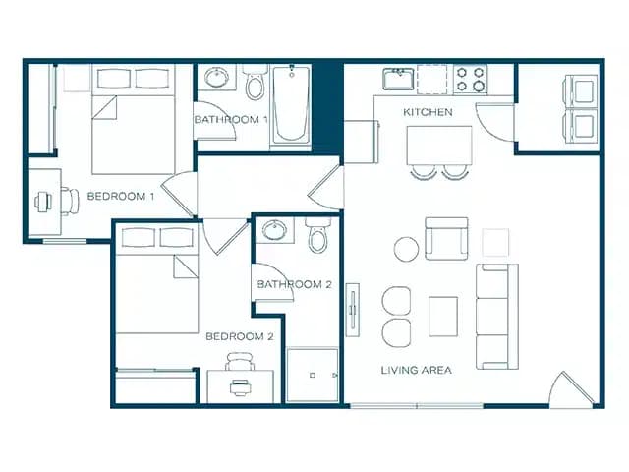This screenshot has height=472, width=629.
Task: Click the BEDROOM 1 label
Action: click(x=122, y=196)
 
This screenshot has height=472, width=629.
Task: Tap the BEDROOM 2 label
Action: click(x=239, y=336)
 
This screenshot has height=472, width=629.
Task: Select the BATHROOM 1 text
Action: click(x=231, y=119)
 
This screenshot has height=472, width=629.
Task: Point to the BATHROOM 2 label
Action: click(x=295, y=285)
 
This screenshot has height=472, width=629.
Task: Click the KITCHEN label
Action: click(x=429, y=112)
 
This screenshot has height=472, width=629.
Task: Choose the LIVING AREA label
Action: click(x=417, y=370)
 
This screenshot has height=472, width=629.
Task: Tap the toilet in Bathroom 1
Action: click(x=256, y=85)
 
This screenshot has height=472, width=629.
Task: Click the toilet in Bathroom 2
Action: click(x=316, y=237)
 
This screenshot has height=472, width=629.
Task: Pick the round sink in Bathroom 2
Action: click(x=274, y=231)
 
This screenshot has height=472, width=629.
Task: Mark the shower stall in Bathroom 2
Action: click(x=312, y=375)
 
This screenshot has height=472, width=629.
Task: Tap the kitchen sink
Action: click(x=398, y=78)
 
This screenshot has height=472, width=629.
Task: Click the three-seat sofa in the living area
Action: click(x=496, y=316)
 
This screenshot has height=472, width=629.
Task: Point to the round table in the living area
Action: click(x=407, y=249)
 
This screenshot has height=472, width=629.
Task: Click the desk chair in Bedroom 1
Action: click(x=68, y=201)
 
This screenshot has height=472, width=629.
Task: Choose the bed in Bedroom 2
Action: click(x=157, y=280)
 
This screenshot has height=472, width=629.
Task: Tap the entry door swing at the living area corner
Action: click(x=572, y=390)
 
